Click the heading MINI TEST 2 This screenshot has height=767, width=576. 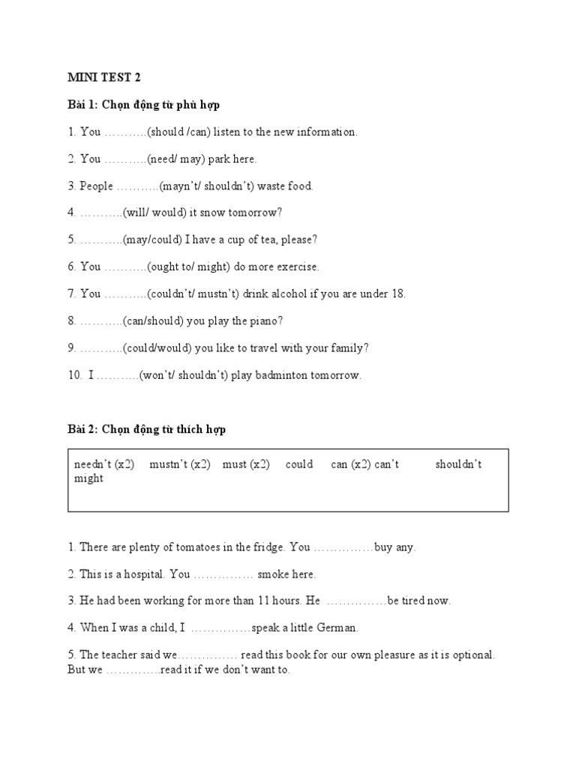[104, 77]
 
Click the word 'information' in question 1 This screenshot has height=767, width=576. [326, 132]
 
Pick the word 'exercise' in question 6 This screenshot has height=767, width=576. [296, 267]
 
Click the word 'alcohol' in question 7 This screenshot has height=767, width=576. [287, 294]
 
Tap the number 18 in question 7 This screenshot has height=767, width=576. [397, 294]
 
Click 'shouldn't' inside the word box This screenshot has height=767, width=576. [458, 464]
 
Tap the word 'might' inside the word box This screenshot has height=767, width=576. [88, 479]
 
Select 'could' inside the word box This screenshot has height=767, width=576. [299, 464]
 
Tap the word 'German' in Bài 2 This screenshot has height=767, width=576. [339, 628]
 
